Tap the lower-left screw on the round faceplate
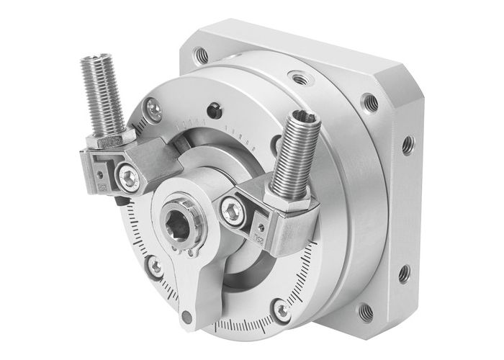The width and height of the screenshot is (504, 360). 155,267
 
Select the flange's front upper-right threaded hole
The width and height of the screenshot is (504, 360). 369,102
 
